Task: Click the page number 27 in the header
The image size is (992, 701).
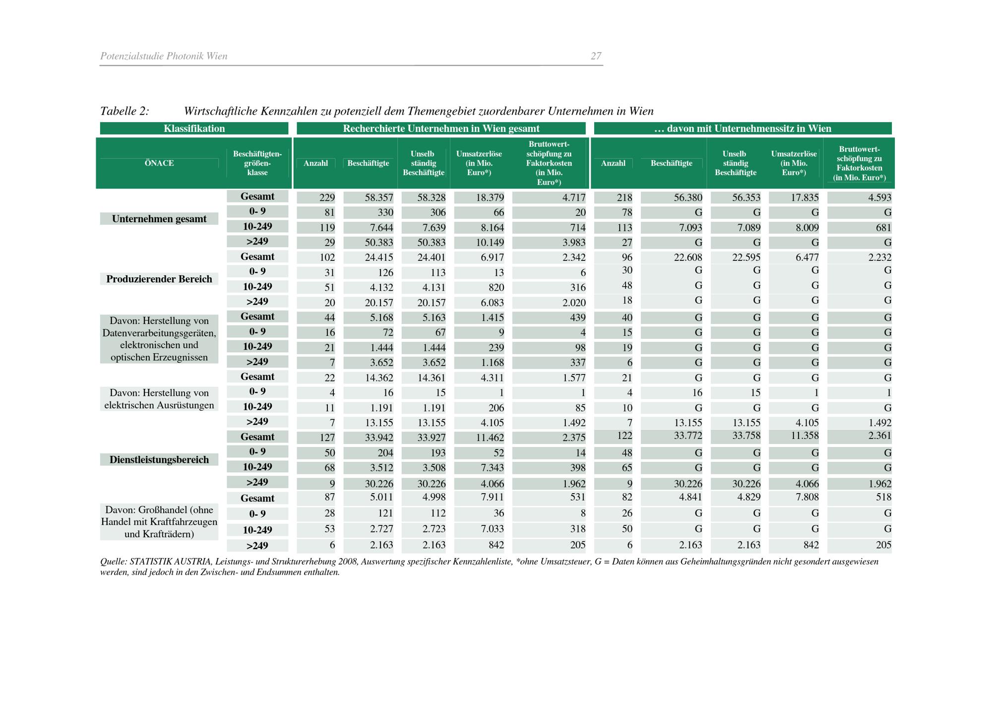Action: pos(596,56)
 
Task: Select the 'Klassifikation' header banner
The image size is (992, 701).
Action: pos(194,128)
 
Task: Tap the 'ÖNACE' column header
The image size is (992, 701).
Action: pos(159,163)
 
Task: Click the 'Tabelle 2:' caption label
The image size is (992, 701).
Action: pos(124,111)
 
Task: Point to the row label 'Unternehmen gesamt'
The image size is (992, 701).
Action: pos(159,219)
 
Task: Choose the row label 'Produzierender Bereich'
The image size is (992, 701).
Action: pos(159,279)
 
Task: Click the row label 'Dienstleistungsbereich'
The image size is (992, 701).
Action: pos(159,459)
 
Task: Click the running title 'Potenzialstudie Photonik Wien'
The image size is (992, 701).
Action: pos(164,56)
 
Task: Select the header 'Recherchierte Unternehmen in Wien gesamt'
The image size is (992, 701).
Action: pos(441,128)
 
